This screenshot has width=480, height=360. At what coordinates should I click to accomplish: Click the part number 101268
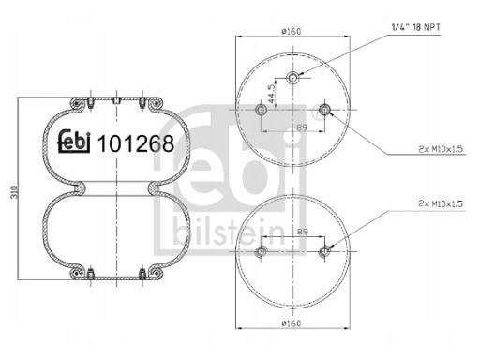coord(136,143)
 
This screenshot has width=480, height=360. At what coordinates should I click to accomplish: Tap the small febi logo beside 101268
coord(74,142)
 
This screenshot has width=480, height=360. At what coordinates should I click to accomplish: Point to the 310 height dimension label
coord(14,192)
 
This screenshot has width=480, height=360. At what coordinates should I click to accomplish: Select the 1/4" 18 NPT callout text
coord(416,27)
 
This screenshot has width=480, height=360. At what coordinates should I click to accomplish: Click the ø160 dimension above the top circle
coord(291,31)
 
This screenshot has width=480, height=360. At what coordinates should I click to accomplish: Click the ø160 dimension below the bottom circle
coord(291,322)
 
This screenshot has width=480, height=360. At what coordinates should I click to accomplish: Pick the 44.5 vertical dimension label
coord(271,94)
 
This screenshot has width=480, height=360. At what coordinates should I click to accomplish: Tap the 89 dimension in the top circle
coord(302,127)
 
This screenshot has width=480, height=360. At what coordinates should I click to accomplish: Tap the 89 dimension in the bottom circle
coord(303,232)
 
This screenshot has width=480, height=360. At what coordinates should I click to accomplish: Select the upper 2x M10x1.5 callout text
coord(441,149)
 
